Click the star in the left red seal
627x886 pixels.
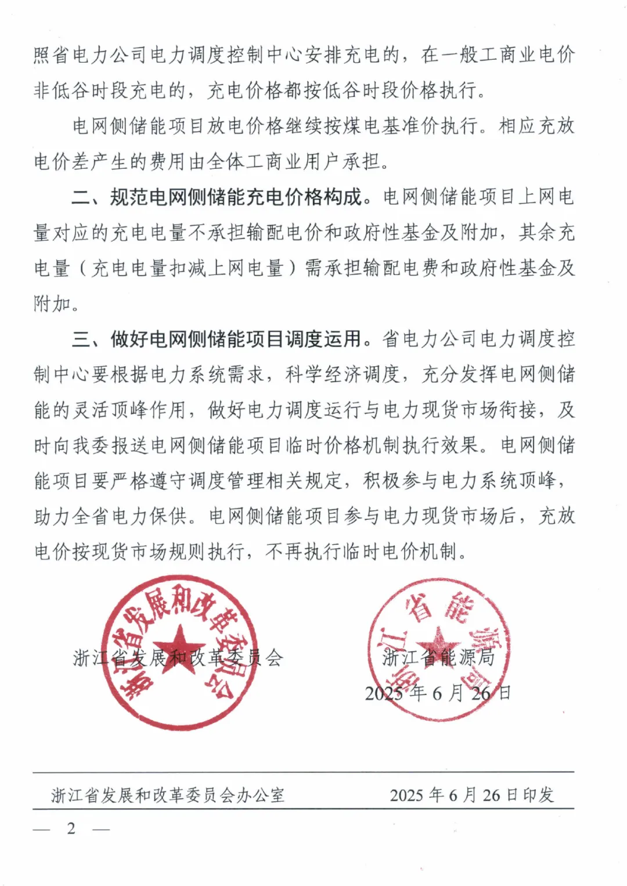179,650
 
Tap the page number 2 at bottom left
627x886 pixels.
71,829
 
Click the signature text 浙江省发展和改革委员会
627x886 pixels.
178,658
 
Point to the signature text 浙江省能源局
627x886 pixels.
438,657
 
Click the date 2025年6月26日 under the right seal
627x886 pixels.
438,693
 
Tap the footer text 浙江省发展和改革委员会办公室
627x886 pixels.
168,795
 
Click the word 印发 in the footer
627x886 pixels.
538,795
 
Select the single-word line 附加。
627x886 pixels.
56,303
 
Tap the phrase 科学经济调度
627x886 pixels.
343,374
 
